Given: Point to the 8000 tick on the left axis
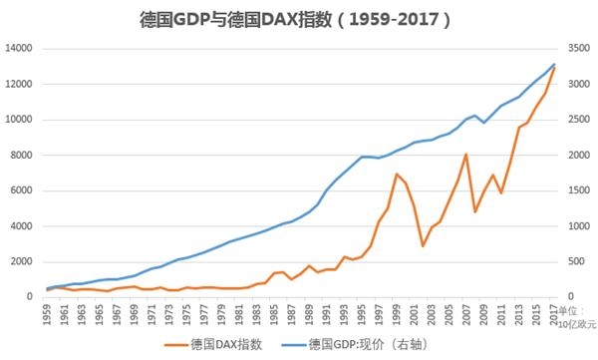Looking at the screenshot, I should point(23,156).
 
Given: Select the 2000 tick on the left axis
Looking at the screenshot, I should point(23,261).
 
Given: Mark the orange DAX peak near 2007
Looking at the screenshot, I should point(465,155).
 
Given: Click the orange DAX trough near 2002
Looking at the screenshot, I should point(423,245).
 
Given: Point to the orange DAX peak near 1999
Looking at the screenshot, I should point(396,175).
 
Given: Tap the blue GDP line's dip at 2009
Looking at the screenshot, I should point(483,122).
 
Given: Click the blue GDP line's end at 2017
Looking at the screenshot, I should point(554,65).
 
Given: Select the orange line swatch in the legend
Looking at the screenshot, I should point(173,344).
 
